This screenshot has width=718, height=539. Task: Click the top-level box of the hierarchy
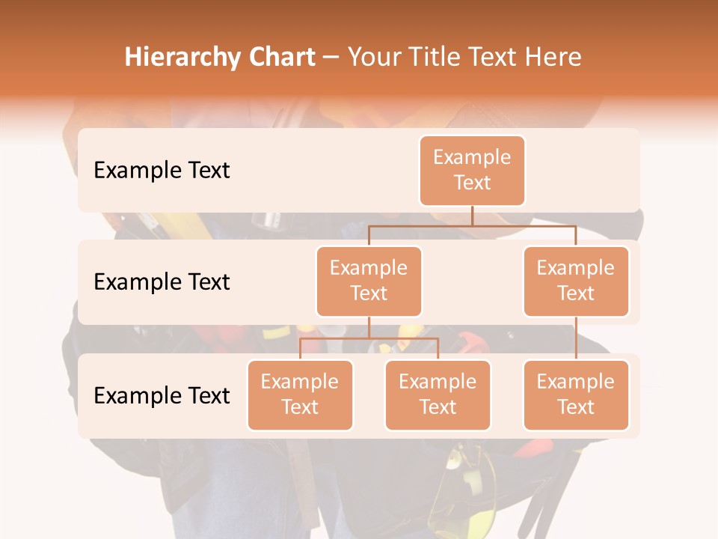click(472, 171)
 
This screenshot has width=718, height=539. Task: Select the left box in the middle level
click(369, 281)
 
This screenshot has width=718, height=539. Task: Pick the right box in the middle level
click(576, 281)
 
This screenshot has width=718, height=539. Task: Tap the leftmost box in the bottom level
click(300, 395)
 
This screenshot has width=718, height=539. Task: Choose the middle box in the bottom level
click(438, 395)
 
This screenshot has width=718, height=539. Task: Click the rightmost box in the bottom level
click(576, 395)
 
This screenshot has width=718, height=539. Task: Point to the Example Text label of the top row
click(162, 171)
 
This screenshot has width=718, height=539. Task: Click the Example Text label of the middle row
click(162, 282)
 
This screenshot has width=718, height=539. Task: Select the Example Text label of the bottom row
click(162, 396)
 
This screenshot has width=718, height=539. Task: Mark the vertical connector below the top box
click(472, 216)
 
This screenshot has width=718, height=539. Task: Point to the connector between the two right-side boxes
click(576, 338)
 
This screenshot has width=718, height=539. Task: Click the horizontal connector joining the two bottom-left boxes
click(369, 339)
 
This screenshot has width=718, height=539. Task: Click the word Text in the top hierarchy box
click(472, 183)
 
